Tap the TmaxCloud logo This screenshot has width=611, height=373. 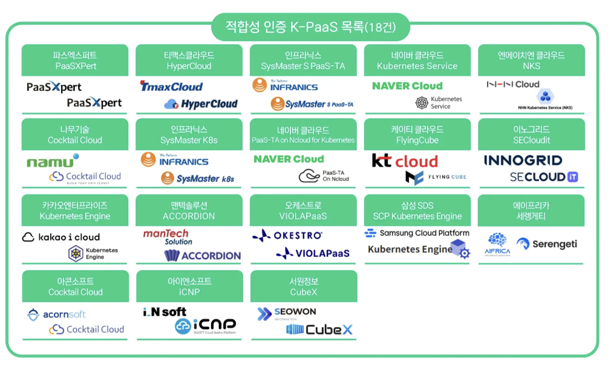(x=171, y=87)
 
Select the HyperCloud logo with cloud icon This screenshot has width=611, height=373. (x=201, y=104)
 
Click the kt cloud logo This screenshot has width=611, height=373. (x=404, y=161)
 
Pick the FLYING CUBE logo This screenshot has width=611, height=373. (x=436, y=177)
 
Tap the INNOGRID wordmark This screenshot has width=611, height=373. (x=523, y=160)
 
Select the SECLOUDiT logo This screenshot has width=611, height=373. (x=543, y=177)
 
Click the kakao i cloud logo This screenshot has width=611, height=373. (x=60, y=237)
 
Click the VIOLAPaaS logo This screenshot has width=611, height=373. (x=313, y=253)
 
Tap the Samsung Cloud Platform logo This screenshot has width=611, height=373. (x=417, y=233)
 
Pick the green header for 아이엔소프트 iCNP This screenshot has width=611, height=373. (x=189, y=286)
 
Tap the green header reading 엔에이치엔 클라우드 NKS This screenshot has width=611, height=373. (x=531, y=60)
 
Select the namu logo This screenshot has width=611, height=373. (x=52, y=161)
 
